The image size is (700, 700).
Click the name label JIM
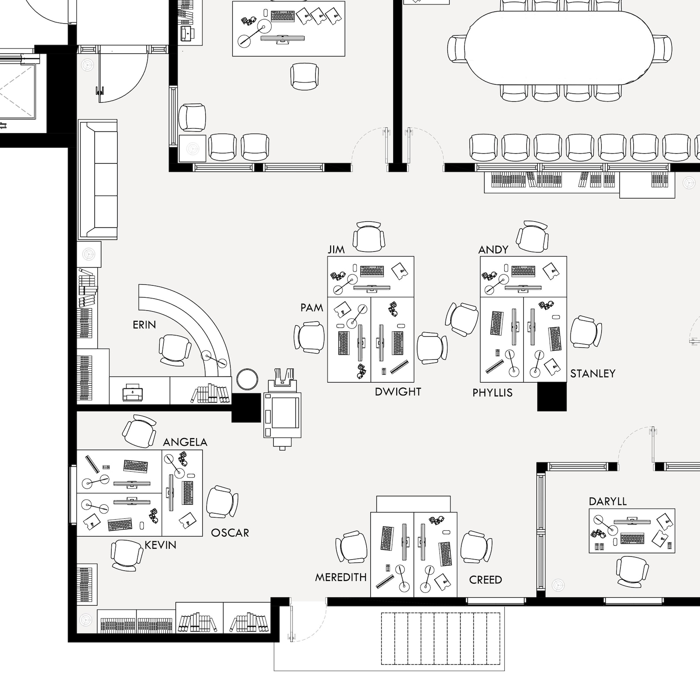click(x=336, y=249)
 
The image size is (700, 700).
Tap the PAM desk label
click(x=312, y=308)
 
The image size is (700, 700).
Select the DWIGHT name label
click(x=398, y=391)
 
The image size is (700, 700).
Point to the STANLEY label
click(x=592, y=373)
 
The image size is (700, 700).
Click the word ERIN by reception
click(x=144, y=325)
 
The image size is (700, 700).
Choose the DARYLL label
click(x=607, y=501)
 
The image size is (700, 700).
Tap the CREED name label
click(x=485, y=580)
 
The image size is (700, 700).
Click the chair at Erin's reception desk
click(x=175, y=350)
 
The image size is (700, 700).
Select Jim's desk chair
click(x=369, y=237)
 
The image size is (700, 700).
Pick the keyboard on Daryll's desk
click(x=632, y=539)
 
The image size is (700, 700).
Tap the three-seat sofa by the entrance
click(x=98, y=179)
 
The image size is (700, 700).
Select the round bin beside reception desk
click(x=247, y=379)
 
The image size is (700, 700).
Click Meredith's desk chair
click(x=352, y=547)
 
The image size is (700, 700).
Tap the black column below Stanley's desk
click(x=551, y=397)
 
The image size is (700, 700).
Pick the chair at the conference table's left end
click(x=457, y=48)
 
